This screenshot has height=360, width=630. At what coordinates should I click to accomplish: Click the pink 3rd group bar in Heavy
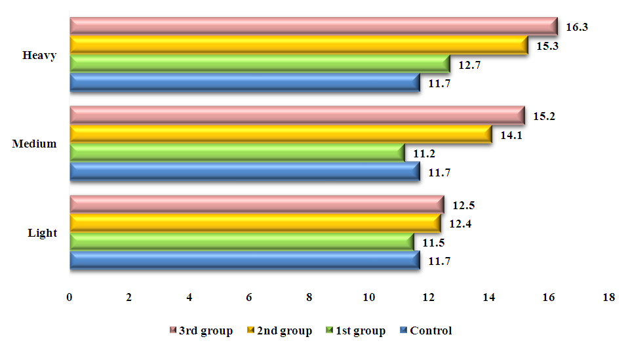click(x=313, y=26)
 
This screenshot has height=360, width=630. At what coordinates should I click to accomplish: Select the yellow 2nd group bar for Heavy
click(x=298, y=45)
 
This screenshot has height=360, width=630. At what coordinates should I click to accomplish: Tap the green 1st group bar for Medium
click(x=236, y=153)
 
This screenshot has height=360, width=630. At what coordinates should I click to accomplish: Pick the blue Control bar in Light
click(x=244, y=260)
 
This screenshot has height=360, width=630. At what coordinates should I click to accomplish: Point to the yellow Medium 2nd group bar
click(x=280, y=134)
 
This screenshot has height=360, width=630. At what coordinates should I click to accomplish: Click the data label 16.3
click(x=576, y=28)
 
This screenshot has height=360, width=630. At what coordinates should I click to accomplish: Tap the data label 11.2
click(x=424, y=154)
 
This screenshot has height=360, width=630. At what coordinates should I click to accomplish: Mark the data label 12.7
click(x=469, y=65)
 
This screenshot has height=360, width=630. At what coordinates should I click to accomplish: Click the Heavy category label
click(x=39, y=55)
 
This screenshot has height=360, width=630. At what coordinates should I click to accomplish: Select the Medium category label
click(x=35, y=144)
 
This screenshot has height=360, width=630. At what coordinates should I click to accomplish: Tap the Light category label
click(x=42, y=233)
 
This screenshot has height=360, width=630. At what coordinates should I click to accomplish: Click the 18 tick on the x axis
click(x=609, y=297)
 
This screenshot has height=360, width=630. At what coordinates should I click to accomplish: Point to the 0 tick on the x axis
click(x=69, y=297)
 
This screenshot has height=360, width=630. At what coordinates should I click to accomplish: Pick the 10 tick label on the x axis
click(x=369, y=297)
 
